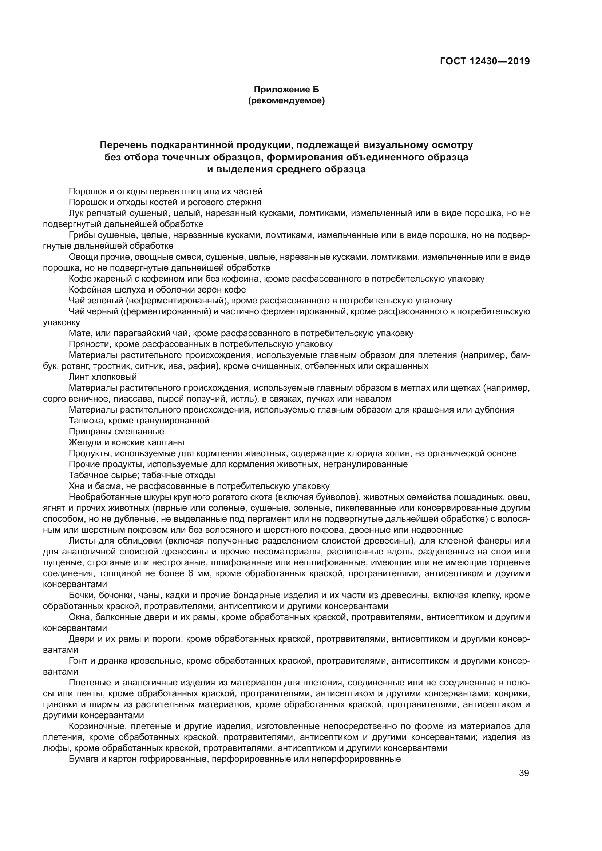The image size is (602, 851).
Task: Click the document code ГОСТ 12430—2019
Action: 484,61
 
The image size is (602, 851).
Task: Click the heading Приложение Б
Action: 286,90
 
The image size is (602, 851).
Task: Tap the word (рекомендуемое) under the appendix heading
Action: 286,100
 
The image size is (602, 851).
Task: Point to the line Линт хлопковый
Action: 103,377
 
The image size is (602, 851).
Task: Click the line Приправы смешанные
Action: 116,432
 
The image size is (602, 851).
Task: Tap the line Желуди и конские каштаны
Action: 126,442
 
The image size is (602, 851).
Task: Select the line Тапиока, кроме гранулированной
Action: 139,421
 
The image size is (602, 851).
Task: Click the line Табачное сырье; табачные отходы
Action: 142,475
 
